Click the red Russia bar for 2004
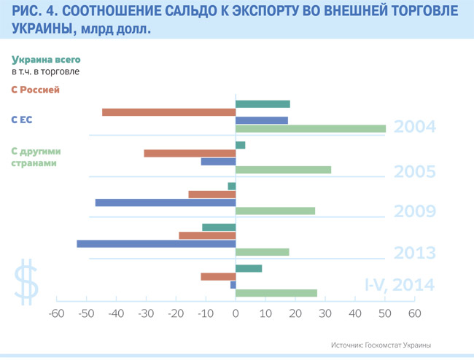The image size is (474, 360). (x=168, y=112)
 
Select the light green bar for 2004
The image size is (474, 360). (x=311, y=129)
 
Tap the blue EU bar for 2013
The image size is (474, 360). (x=156, y=243)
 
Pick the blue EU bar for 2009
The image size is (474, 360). (x=166, y=203)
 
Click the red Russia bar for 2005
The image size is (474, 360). (x=190, y=153)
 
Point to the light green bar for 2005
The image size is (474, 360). (x=283, y=170)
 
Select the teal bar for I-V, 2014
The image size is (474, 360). (x=249, y=268)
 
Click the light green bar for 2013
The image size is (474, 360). (x=263, y=252)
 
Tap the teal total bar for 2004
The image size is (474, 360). (x=263, y=103)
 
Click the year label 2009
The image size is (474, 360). (x=414, y=212)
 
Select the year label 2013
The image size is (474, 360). (x=414, y=253)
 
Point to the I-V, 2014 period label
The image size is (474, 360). (x=400, y=285)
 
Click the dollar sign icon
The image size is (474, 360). (x=28, y=280)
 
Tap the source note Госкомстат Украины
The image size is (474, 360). (x=381, y=344)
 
